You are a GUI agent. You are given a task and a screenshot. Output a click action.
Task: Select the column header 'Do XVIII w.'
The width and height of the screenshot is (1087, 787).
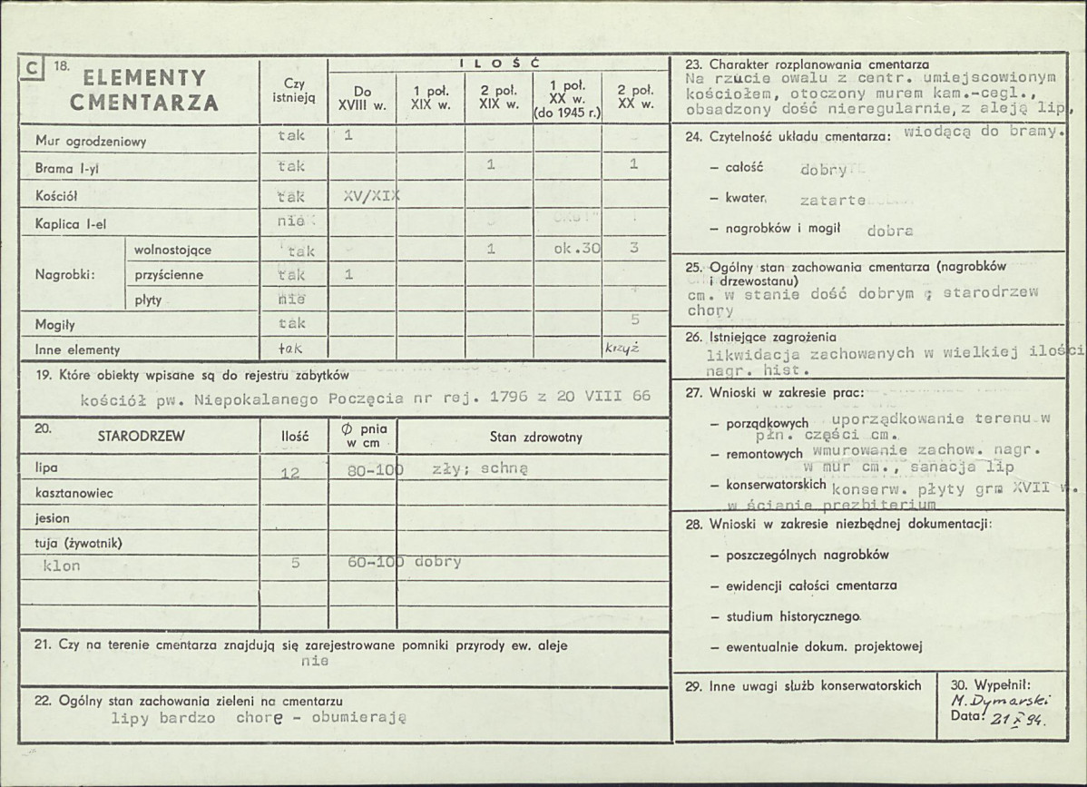pyautogui.click(x=362, y=97)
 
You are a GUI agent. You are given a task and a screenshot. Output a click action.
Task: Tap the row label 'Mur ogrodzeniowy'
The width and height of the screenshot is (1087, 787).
pyautogui.click(x=91, y=142)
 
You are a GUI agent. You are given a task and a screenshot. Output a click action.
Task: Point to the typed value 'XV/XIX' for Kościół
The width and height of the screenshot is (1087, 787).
pyautogui.click(x=372, y=196)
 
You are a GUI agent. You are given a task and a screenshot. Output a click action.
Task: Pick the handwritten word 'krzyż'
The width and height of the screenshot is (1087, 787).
pyautogui.click(x=622, y=348)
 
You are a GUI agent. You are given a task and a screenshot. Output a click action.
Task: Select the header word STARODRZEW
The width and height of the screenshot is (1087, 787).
pyautogui.click(x=141, y=437)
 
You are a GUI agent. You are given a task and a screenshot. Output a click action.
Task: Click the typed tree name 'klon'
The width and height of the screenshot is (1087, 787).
pyautogui.click(x=62, y=566)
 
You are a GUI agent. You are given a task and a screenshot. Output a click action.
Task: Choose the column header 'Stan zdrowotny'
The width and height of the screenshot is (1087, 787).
pyautogui.click(x=535, y=438)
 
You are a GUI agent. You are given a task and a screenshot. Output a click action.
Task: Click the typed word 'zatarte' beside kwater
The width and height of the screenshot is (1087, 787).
pyautogui.click(x=832, y=200)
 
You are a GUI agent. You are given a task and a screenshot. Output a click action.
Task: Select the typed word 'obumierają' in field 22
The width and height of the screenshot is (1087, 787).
pyautogui.click(x=360, y=716)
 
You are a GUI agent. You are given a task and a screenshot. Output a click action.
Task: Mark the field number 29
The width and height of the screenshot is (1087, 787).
pyautogui.click(x=693, y=686)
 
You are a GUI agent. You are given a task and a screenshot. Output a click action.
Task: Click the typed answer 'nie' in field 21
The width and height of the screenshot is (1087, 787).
pyautogui.click(x=315, y=661)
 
